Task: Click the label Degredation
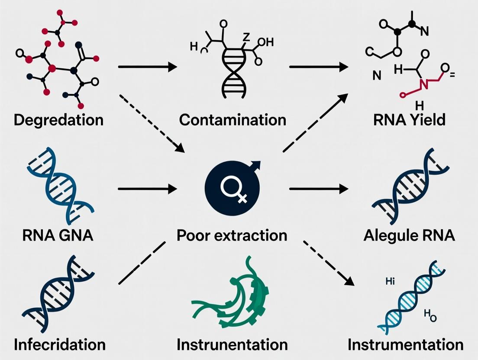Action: (x=58, y=119)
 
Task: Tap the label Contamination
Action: (x=233, y=119)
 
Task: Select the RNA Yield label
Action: (x=409, y=119)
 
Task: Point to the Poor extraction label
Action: (x=232, y=236)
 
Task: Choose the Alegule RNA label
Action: (x=409, y=236)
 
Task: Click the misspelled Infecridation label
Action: (x=60, y=345)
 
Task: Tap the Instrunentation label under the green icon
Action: (x=232, y=345)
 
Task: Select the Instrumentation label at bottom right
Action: (x=406, y=345)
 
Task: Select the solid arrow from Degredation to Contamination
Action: (x=147, y=67)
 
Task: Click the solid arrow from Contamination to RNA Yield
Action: (x=319, y=67)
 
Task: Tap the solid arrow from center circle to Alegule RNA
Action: (x=319, y=189)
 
